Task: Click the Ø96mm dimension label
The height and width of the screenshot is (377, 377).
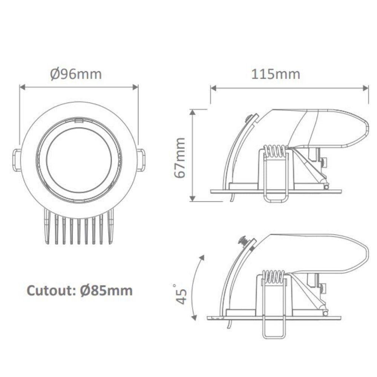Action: [76, 74]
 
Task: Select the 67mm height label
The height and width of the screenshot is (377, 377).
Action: [180, 158]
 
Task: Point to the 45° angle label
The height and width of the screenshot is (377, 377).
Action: [181, 294]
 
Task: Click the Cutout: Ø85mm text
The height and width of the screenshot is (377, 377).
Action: [80, 291]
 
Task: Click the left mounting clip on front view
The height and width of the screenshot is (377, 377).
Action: [17, 160]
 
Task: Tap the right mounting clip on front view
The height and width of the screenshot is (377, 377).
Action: [141, 160]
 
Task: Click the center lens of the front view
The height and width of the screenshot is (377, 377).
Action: [79, 160]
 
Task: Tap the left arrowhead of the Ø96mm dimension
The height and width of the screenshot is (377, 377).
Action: [22, 87]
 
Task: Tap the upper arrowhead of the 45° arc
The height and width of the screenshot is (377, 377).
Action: [202, 257]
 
